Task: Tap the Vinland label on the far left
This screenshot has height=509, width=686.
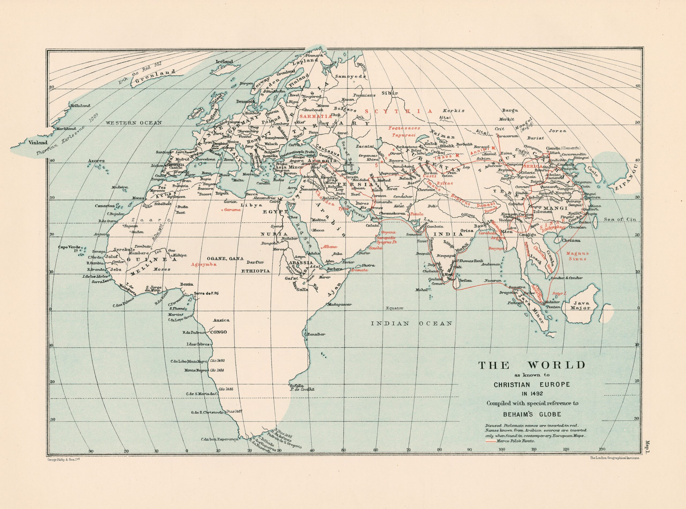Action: point(38,143)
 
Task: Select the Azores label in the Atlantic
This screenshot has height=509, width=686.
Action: point(96,161)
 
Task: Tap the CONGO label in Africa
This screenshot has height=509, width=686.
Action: point(218,332)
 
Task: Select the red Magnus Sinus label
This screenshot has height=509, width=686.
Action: point(578,256)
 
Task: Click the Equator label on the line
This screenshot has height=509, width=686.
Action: point(394,308)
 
